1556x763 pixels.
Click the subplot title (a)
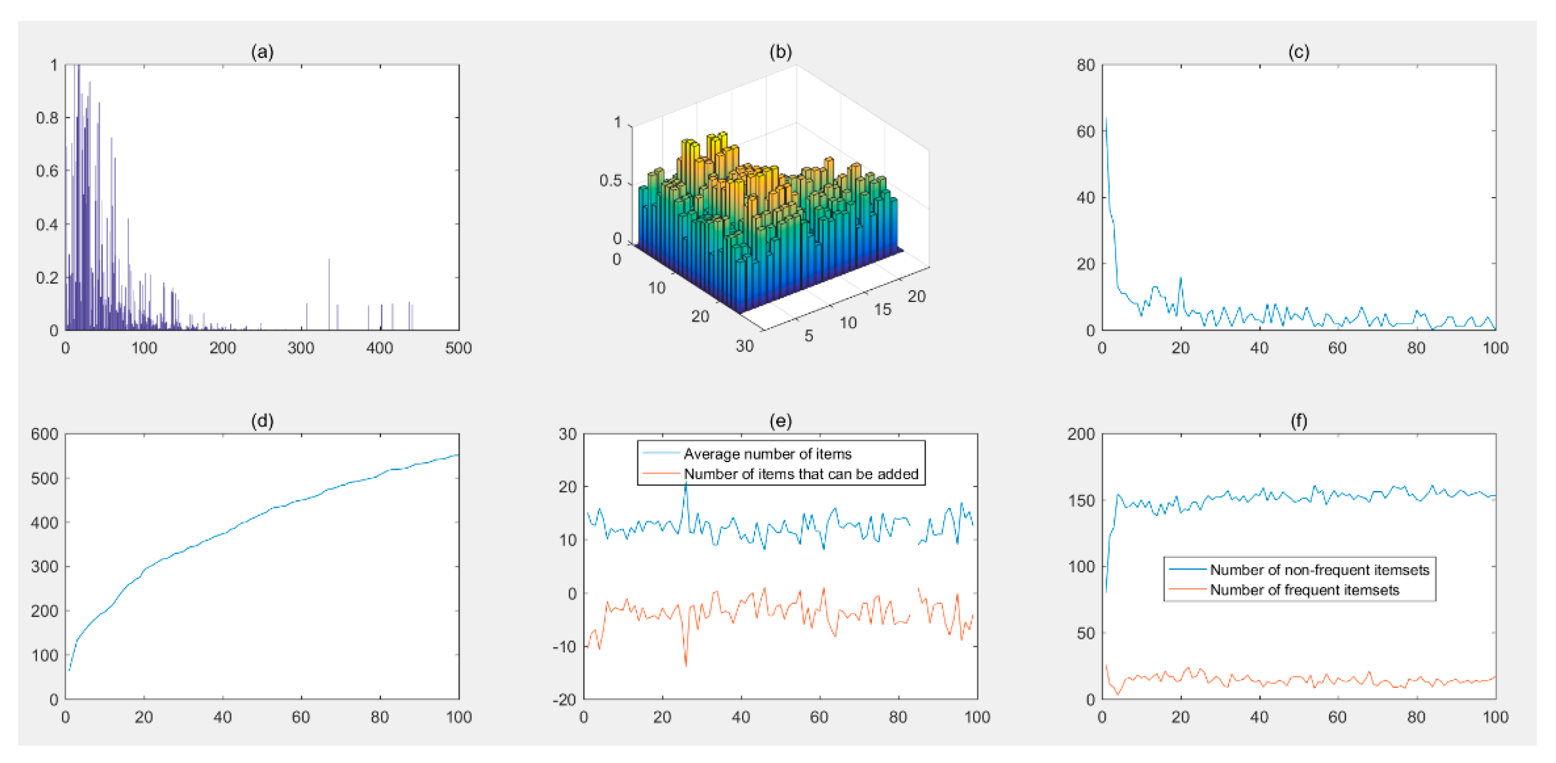[262, 52]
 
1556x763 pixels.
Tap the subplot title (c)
[1299, 52]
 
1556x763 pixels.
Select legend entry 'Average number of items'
[767, 453]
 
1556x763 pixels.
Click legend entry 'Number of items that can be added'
[800, 474]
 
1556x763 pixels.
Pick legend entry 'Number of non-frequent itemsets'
[1319, 569]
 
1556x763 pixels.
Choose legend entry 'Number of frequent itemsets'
[1304, 590]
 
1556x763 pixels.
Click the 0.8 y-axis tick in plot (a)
[47, 118]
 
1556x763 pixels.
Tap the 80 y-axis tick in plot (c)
[1085, 65]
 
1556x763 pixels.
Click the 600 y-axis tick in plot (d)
[45, 434]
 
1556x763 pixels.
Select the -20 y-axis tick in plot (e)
[564, 699]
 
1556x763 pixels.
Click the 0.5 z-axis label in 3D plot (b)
[610, 181]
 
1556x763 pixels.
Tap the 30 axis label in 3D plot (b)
[744, 346]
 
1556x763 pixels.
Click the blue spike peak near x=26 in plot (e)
[685, 483]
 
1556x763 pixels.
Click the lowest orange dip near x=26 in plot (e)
[685, 666]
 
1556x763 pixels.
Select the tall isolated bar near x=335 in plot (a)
[329, 260]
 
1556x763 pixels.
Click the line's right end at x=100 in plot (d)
[458, 455]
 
